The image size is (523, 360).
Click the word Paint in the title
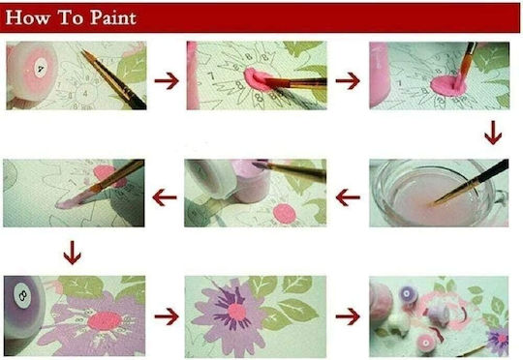(113, 17)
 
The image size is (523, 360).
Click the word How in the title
(28, 17)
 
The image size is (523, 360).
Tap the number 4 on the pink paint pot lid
(41, 69)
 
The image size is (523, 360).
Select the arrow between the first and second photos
(167, 81)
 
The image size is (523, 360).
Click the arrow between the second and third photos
(348, 81)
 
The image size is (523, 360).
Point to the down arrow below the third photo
(493, 133)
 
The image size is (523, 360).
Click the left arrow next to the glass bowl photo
(348, 197)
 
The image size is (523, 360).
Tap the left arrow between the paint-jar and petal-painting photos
(165, 197)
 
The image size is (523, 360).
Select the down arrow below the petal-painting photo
(72, 253)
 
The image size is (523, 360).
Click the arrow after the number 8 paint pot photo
(167, 316)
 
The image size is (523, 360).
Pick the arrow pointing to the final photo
(348, 316)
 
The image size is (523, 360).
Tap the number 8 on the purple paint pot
(23, 294)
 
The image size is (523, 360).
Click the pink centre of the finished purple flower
(237, 312)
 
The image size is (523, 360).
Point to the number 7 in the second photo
(211, 76)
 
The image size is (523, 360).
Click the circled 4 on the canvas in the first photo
(85, 94)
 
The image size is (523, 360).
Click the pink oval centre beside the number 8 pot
(105, 320)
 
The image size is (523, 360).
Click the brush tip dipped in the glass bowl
(435, 202)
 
